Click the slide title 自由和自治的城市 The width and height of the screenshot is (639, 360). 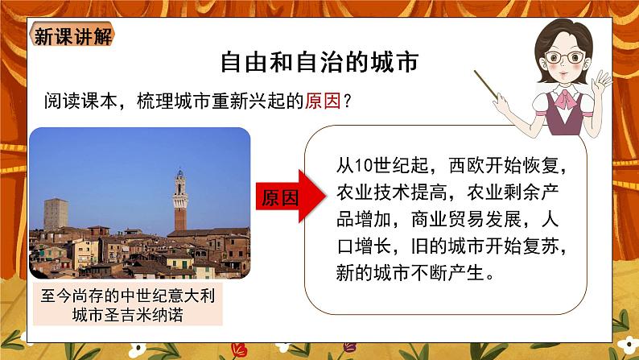click(x=320, y=64)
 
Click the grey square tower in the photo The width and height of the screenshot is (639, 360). click(x=56, y=214)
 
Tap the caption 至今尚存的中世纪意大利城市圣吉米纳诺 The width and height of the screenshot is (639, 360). click(x=129, y=304)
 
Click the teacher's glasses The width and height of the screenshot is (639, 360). click(x=567, y=57)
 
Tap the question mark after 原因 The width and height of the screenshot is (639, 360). click(x=347, y=101)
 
